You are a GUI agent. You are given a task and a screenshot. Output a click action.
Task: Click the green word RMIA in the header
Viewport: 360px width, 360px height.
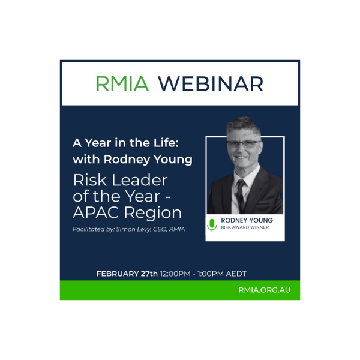click(122, 83)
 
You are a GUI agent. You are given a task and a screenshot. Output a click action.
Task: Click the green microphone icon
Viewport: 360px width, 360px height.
click(212, 224)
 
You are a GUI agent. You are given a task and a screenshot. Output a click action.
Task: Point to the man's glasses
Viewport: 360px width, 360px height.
click(243, 145)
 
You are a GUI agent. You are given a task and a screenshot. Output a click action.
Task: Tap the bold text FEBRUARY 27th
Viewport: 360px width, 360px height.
click(127, 274)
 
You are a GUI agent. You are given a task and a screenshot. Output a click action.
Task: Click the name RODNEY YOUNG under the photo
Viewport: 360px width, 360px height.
click(247, 221)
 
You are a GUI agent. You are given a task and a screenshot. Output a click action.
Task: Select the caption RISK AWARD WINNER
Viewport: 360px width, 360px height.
click(244, 228)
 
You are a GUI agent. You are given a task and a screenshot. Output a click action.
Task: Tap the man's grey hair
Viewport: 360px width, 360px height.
click(243, 128)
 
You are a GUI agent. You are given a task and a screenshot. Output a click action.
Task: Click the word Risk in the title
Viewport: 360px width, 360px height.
click(92, 179)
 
